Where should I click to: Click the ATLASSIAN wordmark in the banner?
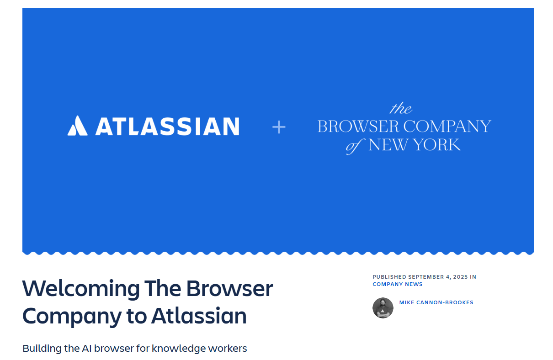168,127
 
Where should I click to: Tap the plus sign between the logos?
279,127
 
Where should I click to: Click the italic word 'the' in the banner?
401,108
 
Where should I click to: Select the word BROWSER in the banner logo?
358,127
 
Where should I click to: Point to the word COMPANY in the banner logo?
447,127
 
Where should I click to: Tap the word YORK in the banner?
437,144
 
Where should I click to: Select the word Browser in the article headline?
229,288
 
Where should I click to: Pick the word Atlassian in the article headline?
199,316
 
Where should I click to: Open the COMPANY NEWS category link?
398,284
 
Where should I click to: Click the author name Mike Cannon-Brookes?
436,302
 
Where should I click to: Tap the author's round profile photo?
383,308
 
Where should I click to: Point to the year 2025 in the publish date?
460,277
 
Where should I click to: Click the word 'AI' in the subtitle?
86,349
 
